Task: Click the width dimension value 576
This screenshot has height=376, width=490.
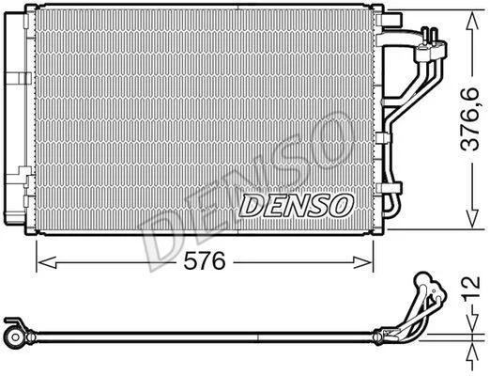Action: (x=205, y=261)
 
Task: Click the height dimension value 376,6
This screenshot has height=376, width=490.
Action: (x=470, y=119)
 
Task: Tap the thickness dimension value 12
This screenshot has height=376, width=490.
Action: (x=472, y=288)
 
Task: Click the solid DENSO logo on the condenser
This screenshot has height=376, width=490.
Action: (x=296, y=206)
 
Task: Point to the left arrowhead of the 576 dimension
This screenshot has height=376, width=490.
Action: (x=46, y=262)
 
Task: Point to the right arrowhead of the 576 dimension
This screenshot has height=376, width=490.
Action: (x=363, y=262)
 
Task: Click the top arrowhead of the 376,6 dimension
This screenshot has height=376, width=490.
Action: (x=472, y=23)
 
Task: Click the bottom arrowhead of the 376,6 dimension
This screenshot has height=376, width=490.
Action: (x=472, y=218)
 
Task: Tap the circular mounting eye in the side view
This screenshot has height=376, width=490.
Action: (x=14, y=337)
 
